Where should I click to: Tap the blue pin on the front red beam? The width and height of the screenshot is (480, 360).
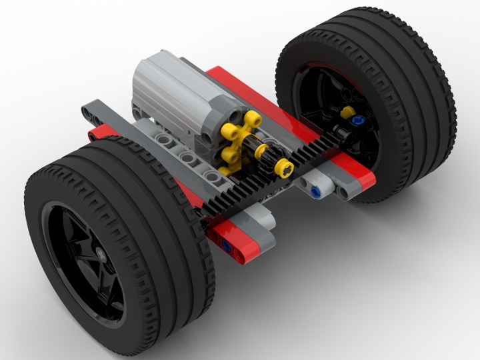pyautogui.click(x=227, y=247)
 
